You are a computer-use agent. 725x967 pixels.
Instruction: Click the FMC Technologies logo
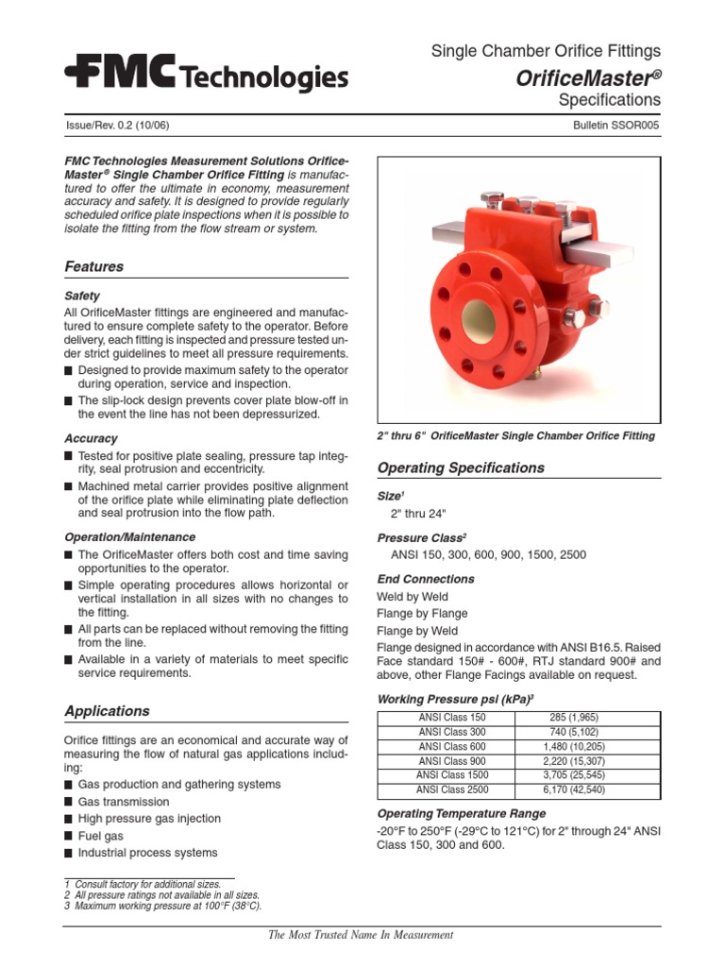(206, 74)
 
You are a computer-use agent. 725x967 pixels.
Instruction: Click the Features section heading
(93, 267)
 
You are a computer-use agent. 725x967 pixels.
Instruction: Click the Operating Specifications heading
(461, 467)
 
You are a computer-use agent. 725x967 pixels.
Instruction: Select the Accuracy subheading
(91, 439)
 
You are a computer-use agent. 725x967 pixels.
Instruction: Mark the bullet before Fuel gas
(69, 837)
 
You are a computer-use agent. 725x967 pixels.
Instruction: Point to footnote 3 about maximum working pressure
(162, 906)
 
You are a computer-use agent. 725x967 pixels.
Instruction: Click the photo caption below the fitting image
(515, 436)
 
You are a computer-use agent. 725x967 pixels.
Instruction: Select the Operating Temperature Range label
(462, 813)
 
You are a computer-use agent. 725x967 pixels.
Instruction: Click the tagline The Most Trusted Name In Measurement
(361, 935)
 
